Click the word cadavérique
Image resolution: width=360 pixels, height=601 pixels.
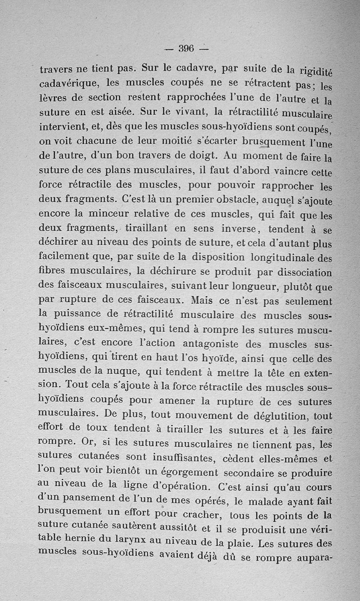[69, 84]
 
